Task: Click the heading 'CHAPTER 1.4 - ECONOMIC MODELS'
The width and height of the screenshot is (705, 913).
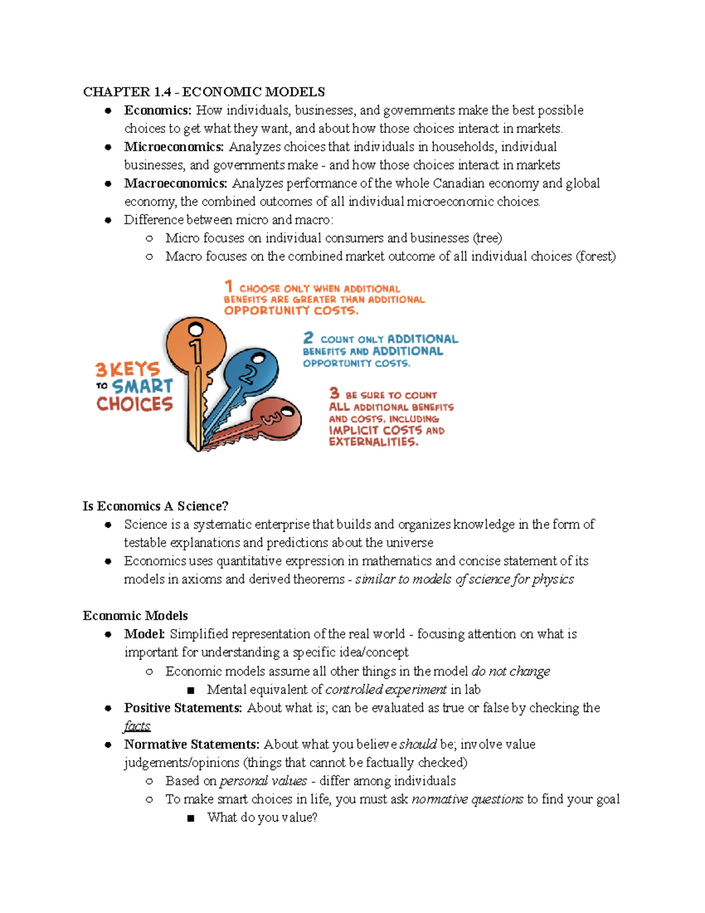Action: tap(203, 92)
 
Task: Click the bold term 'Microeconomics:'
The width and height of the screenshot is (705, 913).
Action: tap(174, 146)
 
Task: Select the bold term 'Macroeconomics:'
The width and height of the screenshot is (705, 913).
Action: tap(175, 183)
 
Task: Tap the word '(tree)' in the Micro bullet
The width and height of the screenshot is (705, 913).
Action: tap(487, 238)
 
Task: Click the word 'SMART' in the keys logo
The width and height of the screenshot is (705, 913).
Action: tap(142, 386)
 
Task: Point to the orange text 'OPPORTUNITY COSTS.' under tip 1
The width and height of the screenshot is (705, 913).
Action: tap(291, 310)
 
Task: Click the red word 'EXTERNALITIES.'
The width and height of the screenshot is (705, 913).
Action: tap(374, 442)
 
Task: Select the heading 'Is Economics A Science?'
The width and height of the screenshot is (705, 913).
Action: tap(155, 506)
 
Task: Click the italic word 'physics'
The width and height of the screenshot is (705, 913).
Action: tap(553, 579)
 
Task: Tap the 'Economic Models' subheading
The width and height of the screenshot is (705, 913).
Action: tap(135, 616)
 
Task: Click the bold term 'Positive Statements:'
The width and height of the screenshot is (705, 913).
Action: tap(183, 708)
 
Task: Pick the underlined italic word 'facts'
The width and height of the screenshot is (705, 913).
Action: tap(137, 726)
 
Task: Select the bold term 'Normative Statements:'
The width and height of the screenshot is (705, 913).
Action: tap(192, 744)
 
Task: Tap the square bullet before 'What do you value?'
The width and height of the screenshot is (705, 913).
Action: tap(190, 818)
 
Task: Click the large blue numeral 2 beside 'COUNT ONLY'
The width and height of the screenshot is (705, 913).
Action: tap(308, 337)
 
